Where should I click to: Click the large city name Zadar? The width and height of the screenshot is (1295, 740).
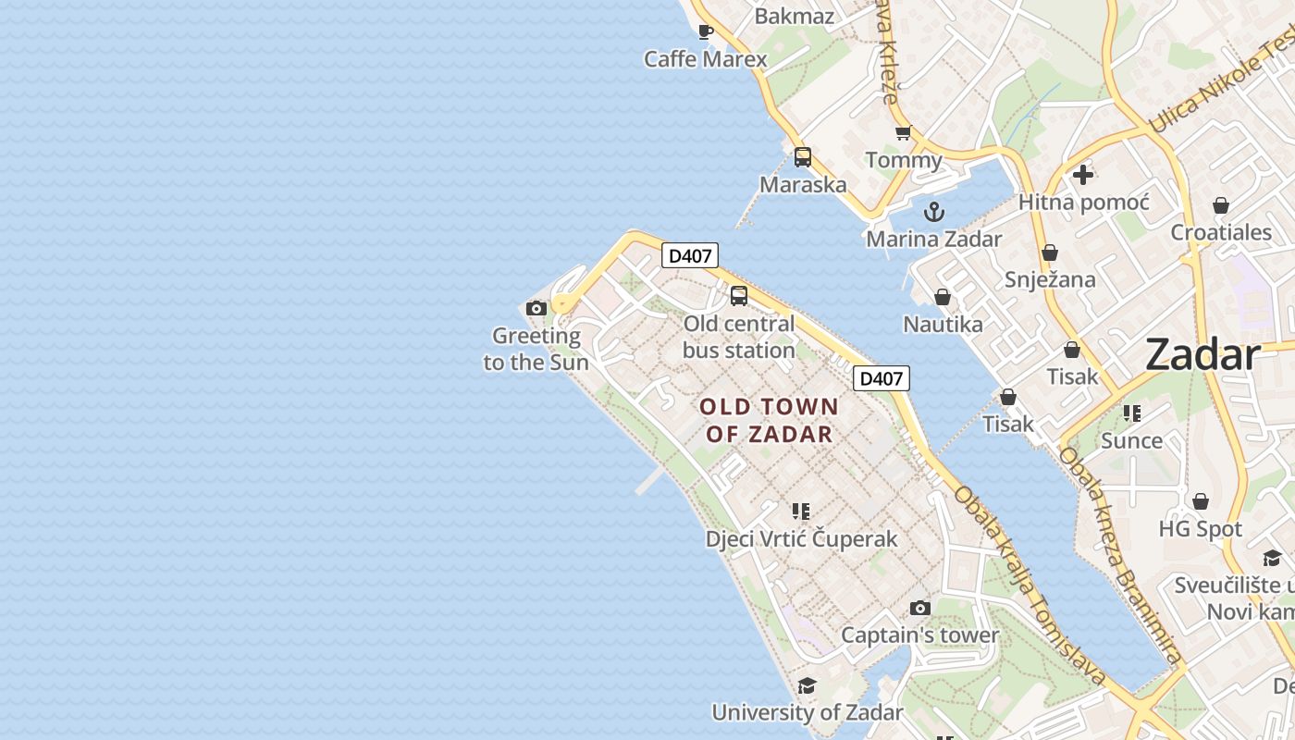[1202, 355]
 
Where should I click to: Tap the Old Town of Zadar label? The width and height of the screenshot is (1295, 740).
[770, 420]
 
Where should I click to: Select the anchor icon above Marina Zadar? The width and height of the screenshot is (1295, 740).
[934, 212]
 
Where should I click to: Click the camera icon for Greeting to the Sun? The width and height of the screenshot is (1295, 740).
[536, 308]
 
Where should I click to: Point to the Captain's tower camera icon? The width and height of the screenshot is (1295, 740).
[919, 608]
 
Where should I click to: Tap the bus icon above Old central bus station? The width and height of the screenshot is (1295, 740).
[739, 296]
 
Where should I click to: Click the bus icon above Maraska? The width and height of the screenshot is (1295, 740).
[803, 157]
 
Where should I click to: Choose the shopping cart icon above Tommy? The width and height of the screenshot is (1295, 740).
[904, 133]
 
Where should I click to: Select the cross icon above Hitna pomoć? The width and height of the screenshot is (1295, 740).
[1083, 174]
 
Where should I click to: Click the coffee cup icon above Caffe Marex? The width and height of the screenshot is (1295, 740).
[706, 32]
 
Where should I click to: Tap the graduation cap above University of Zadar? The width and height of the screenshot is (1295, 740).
[807, 685]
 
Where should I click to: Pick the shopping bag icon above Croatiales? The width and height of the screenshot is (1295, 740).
[1221, 205]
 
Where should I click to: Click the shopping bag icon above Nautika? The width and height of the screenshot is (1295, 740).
[943, 297]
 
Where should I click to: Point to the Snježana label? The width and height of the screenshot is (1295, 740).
[1050, 279]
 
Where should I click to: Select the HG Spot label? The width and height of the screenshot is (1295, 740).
[1201, 529]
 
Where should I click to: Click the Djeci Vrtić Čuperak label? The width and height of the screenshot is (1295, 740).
[801, 538]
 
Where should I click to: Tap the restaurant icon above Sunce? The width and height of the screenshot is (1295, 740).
[1132, 413]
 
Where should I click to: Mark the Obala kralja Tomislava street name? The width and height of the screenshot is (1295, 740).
[1030, 586]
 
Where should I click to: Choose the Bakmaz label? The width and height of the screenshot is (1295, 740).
[795, 16]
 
